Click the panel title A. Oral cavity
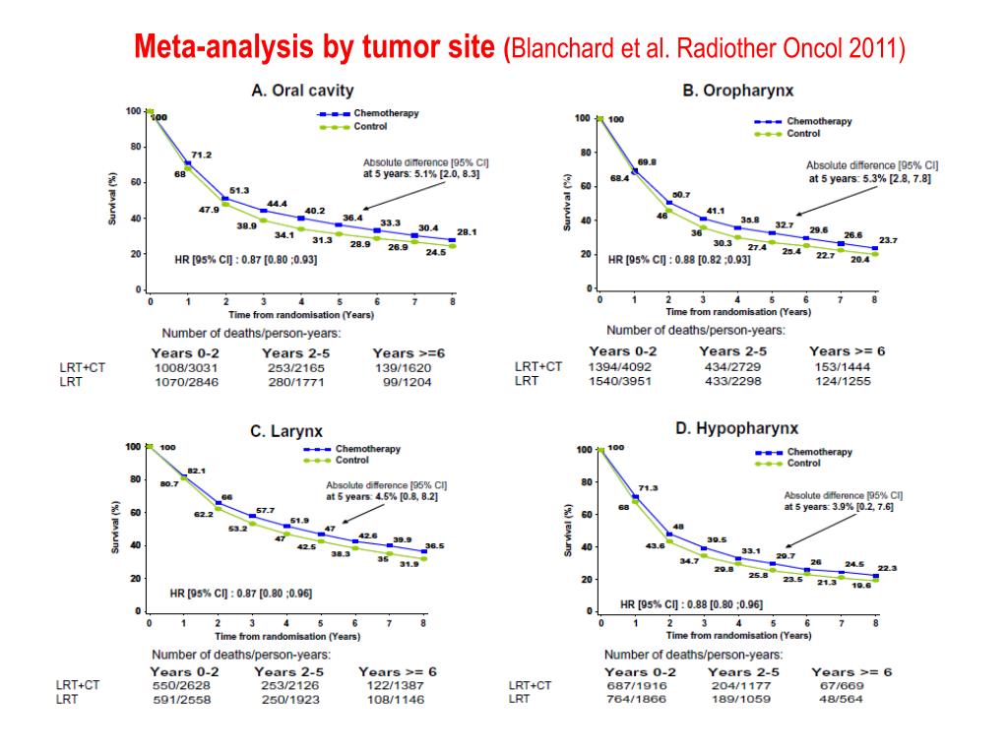(x=302, y=91)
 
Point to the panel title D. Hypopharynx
(x=736, y=428)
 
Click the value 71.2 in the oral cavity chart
(x=201, y=156)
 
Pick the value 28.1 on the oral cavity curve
(x=466, y=232)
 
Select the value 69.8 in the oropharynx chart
(x=647, y=161)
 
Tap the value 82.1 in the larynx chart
(x=196, y=472)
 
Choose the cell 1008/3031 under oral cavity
(x=186, y=367)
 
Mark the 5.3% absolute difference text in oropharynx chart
(x=869, y=178)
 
